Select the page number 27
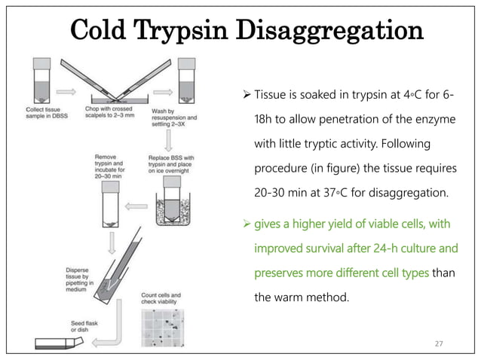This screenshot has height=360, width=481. click(x=442, y=343)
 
